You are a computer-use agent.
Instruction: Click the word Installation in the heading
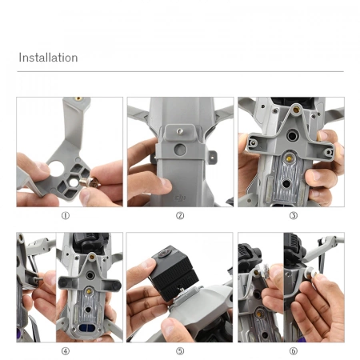[48, 58]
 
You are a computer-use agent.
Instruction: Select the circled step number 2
[180, 215]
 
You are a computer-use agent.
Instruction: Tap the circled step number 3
[293, 215]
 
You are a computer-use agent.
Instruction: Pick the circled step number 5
[180, 350]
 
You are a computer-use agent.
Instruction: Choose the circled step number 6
[293, 350]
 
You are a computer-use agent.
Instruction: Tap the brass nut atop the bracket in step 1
[78, 100]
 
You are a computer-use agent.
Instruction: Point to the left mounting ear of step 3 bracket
[254, 142]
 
